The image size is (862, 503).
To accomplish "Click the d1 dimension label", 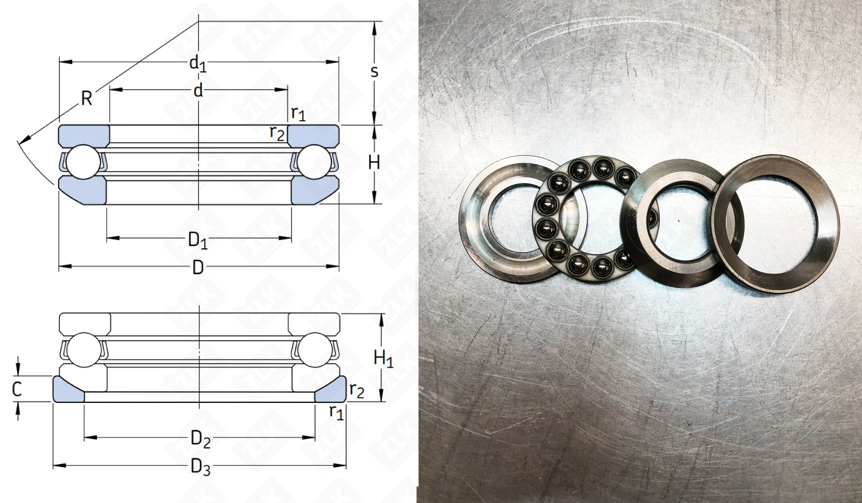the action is [198, 64].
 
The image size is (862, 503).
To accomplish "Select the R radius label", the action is [87, 99].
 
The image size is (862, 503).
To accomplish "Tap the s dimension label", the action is [374, 72].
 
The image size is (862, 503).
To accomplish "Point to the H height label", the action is [374, 162].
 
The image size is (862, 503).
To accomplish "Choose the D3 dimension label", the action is [201, 467].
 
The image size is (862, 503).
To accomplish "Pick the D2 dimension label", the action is [201, 439].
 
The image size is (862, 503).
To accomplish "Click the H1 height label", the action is [383, 360].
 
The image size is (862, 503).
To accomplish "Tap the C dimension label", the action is [17, 389].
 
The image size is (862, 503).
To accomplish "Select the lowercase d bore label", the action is [198, 91].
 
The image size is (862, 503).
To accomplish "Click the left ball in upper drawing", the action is [84, 162].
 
